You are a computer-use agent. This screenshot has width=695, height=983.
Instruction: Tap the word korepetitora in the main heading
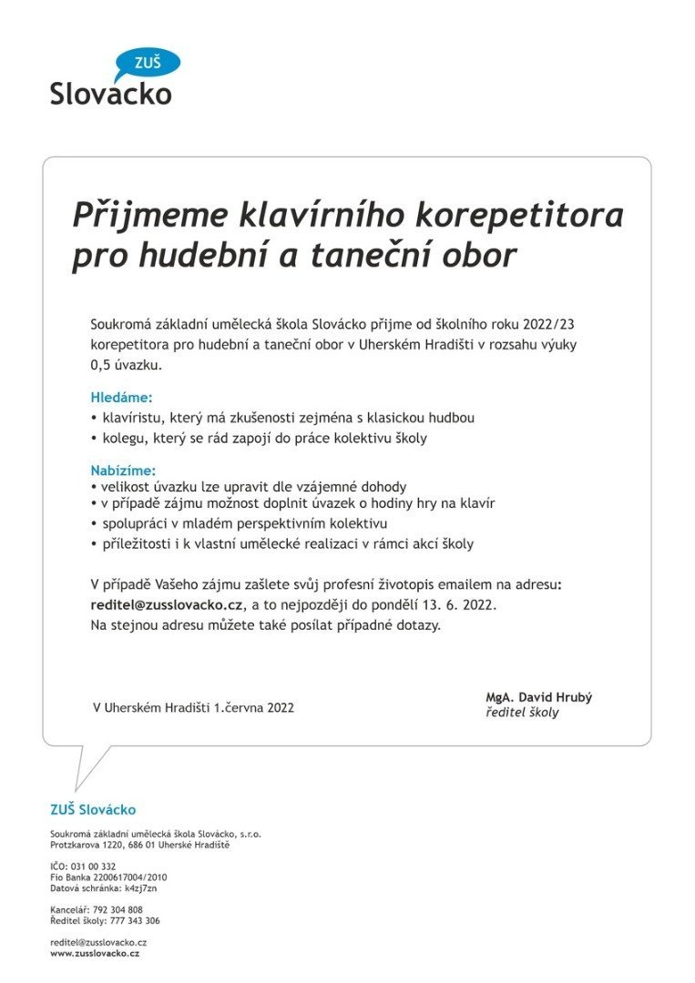519,216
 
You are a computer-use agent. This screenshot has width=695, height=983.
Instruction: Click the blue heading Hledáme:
121,398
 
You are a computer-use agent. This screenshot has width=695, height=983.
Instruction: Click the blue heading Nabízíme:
123,471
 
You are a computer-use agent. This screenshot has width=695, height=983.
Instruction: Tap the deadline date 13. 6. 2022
445,604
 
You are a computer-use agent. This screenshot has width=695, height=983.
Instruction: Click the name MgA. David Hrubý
538,697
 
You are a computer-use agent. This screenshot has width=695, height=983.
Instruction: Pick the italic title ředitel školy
522,713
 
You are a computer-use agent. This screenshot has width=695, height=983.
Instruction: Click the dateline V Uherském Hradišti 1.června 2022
193,707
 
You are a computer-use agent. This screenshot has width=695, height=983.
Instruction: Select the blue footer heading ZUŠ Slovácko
93,809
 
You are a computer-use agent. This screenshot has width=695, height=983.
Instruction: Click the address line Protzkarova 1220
91,845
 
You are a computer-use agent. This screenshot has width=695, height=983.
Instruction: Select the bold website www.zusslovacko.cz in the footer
95,953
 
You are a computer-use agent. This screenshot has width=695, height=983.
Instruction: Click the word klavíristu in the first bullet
133,418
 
